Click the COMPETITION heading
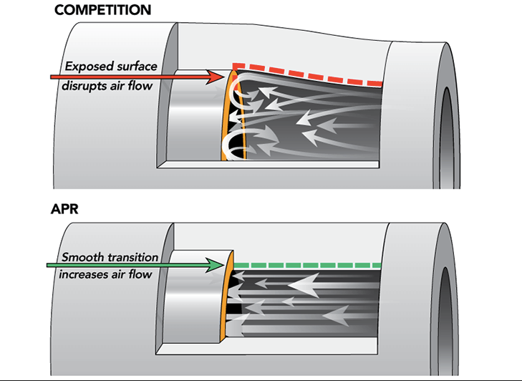pos(102,10)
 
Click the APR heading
pos(64,209)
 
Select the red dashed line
pos(308,75)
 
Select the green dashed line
pos(308,266)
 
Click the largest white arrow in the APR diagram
pos(304,286)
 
